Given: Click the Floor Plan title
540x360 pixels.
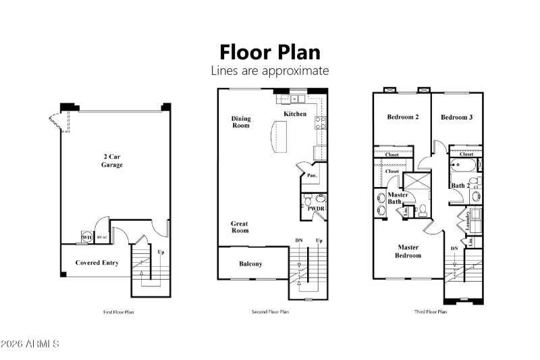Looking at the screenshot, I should point(269,52).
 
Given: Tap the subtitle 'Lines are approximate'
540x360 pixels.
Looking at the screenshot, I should point(269,70).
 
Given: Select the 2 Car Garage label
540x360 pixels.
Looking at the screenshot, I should point(112,161).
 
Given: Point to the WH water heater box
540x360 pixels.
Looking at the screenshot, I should point(86,238).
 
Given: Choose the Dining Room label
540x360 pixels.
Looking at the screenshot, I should point(241,122).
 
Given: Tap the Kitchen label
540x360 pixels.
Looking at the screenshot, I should point(295,113).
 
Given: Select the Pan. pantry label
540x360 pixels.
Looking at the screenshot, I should point(312,175).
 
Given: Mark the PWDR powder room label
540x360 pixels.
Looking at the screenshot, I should point(316,209).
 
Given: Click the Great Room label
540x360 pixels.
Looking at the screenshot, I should point(240,227).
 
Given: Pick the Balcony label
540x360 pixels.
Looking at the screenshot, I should point(250,264).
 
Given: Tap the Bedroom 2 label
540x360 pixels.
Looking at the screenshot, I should point(402,118).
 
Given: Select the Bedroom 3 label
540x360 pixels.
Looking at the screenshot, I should point(456,118).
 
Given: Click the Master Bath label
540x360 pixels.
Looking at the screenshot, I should point(397,199).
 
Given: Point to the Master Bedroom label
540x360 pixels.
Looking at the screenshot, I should point(408,251).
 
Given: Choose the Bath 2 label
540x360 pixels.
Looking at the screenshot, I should point(460,185).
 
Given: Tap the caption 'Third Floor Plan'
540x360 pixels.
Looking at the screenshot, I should point(431,312).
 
